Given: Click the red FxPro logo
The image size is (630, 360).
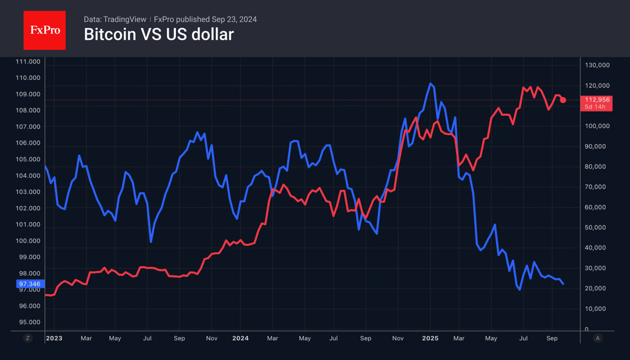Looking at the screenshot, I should pyautogui.click(x=44, y=30).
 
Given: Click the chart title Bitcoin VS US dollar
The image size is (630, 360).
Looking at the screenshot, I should pyautogui.click(x=159, y=34).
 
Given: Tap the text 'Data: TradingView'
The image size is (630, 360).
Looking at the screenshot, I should pyautogui.click(x=115, y=19).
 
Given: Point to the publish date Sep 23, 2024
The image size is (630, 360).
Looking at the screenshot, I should pyautogui.click(x=234, y=19).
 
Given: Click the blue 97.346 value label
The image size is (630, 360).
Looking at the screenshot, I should pyautogui.click(x=30, y=284).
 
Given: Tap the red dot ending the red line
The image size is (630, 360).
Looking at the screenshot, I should pyautogui.click(x=563, y=100).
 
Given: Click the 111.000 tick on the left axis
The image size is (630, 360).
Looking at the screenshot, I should pyautogui.click(x=28, y=62).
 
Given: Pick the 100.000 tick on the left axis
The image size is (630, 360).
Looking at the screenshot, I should pyautogui.click(x=28, y=241).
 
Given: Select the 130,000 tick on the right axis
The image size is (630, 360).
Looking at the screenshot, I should pyautogui.click(x=598, y=65).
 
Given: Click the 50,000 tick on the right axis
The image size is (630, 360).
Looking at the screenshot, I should pyautogui.click(x=596, y=228).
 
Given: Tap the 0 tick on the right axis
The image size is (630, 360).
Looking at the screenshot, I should pyautogui.click(x=587, y=329).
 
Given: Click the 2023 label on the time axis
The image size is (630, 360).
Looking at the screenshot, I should pyautogui.click(x=54, y=339).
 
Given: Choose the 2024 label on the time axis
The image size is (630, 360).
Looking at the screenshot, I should pyautogui.click(x=240, y=339).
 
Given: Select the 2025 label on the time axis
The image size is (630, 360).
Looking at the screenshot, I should pyautogui.click(x=430, y=339).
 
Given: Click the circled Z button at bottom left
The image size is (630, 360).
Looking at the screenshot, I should pyautogui.click(x=28, y=339).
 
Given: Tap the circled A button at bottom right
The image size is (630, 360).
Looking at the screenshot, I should pyautogui.click(x=598, y=339).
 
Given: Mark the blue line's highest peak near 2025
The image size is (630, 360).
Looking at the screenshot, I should pyautogui.click(x=430, y=84).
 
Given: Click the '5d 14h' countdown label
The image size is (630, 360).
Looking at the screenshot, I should pyautogui.click(x=595, y=107).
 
